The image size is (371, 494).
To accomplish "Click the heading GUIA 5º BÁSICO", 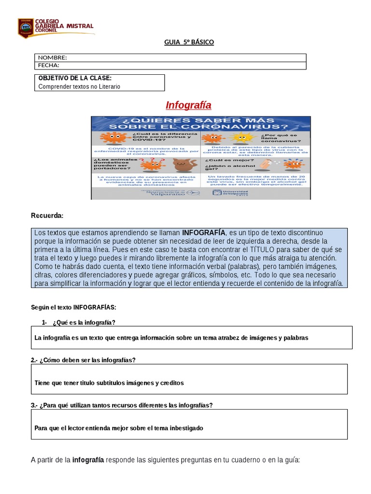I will coord(189,42).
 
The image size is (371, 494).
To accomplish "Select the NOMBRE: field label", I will coord(53,58).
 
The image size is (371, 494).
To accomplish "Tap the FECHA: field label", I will coord(49,65).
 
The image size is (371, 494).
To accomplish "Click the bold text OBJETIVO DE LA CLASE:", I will coord(75,78).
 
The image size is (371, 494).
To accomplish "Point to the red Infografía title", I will coord(188,105).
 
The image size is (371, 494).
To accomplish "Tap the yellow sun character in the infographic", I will coord(240,138).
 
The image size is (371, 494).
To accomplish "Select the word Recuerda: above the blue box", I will coord(47,215).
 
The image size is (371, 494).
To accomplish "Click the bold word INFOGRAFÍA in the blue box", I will coord(203,233).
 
